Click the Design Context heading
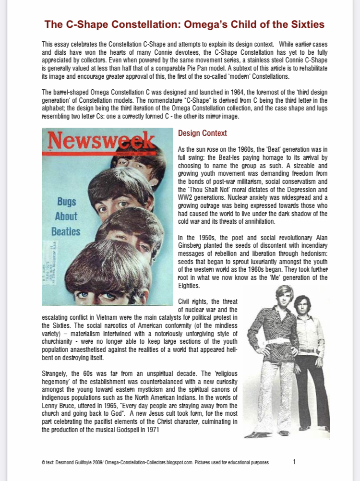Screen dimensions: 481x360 click(x=202, y=133)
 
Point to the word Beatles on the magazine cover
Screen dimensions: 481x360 click(x=66, y=231)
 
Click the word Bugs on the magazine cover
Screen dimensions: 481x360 click(x=67, y=201)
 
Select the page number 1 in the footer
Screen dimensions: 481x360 click(x=294, y=462)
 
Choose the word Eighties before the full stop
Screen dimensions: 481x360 click(x=188, y=286)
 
